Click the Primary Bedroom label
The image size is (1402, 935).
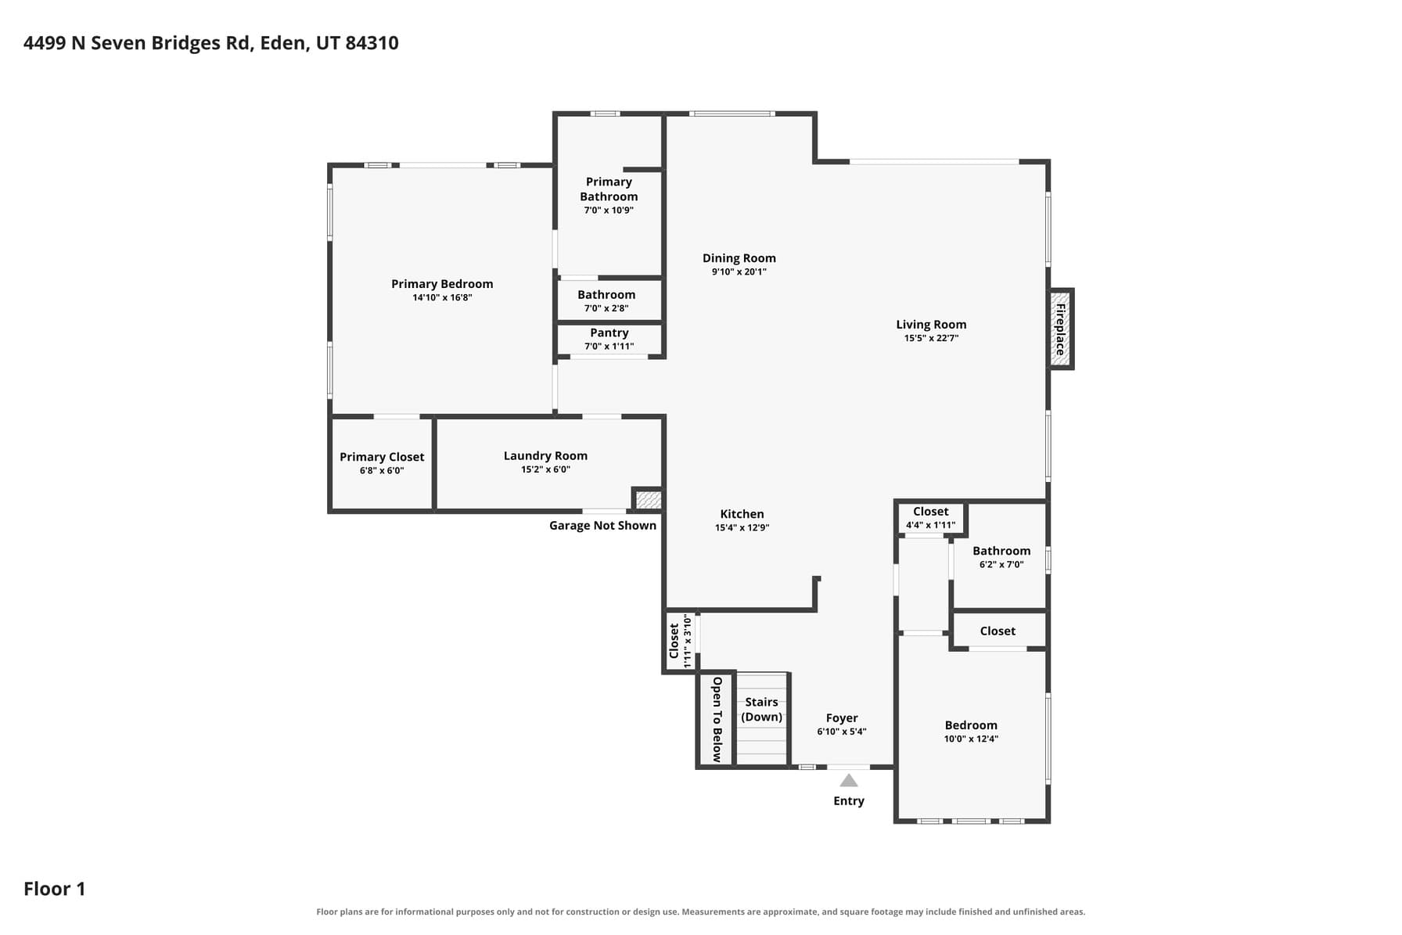[442, 284]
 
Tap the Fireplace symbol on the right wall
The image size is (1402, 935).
[1060, 329]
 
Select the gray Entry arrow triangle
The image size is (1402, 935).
[849, 780]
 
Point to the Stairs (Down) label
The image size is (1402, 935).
[761, 710]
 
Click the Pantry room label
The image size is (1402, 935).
[609, 333]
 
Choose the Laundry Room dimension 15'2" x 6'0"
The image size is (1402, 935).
[545, 469]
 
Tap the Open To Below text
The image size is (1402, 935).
[717, 719]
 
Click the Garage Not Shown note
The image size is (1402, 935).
[602, 526]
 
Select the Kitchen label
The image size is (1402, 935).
[742, 514]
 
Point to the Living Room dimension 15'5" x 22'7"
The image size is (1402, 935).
[931, 338]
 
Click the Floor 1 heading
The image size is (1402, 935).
[55, 889]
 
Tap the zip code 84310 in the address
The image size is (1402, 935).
[372, 43]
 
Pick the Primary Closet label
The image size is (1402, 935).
[382, 457]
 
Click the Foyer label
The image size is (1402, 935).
[842, 718]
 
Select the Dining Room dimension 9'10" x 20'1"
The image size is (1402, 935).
[739, 272]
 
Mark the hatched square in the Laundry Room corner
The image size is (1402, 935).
[648, 499]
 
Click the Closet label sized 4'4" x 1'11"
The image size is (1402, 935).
[930, 512]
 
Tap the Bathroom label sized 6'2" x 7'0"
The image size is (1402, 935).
[1001, 551]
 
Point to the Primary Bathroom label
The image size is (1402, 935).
[609, 189]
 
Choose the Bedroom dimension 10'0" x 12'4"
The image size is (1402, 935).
[971, 739]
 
